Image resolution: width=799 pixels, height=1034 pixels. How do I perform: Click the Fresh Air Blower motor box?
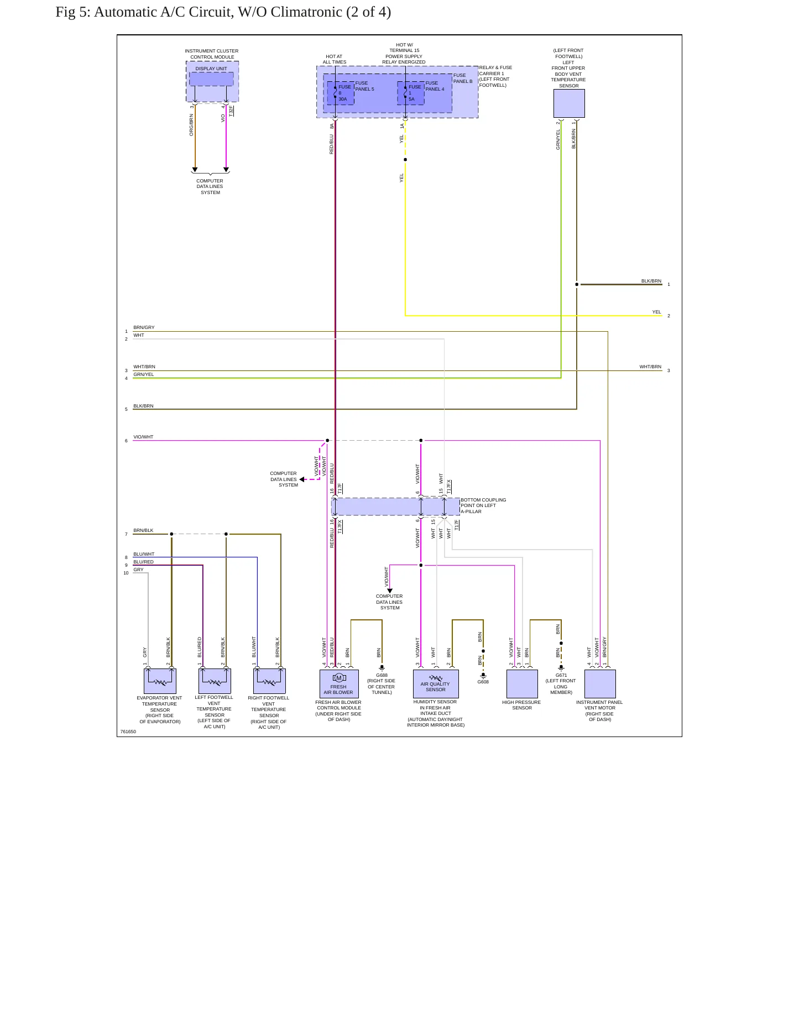click(x=339, y=683)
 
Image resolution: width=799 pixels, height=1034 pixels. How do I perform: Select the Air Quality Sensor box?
click(x=436, y=684)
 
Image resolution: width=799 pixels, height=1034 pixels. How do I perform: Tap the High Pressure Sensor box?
click(x=522, y=684)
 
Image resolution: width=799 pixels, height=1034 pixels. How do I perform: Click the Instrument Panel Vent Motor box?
click(x=600, y=684)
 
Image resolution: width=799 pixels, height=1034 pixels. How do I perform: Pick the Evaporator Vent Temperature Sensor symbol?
click(x=160, y=681)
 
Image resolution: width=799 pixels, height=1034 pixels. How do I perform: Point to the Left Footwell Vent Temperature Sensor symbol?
click(x=215, y=681)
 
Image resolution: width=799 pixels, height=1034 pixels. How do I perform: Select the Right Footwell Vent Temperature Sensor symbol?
click(x=269, y=681)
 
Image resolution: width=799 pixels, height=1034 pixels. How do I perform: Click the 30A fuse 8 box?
click(x=341, y=93)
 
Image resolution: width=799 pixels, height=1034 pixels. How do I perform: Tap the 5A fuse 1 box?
click(x=411, y=93)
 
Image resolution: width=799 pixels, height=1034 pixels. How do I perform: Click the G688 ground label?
click(x=382, y=675)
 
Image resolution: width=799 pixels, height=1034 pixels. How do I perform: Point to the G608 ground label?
click(x=483, y=682)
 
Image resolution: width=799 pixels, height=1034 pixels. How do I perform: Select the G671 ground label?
click(x=561, y=675)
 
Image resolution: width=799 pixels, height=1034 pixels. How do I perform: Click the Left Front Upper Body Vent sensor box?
click(x=569, y=103)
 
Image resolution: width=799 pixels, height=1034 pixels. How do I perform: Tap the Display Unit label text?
click(x=211, y=69)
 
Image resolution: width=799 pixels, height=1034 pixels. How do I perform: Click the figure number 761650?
click(x=128, y=732)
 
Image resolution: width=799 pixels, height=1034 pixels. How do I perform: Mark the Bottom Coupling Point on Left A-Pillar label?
click(x=483, y=505)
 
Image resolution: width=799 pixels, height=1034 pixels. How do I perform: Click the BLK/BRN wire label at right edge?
click(x=651, y=281)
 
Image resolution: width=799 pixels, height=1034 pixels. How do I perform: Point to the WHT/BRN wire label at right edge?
click(x=650, y=367)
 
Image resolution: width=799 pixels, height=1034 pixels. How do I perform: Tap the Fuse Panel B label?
click(x=463, y=78)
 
